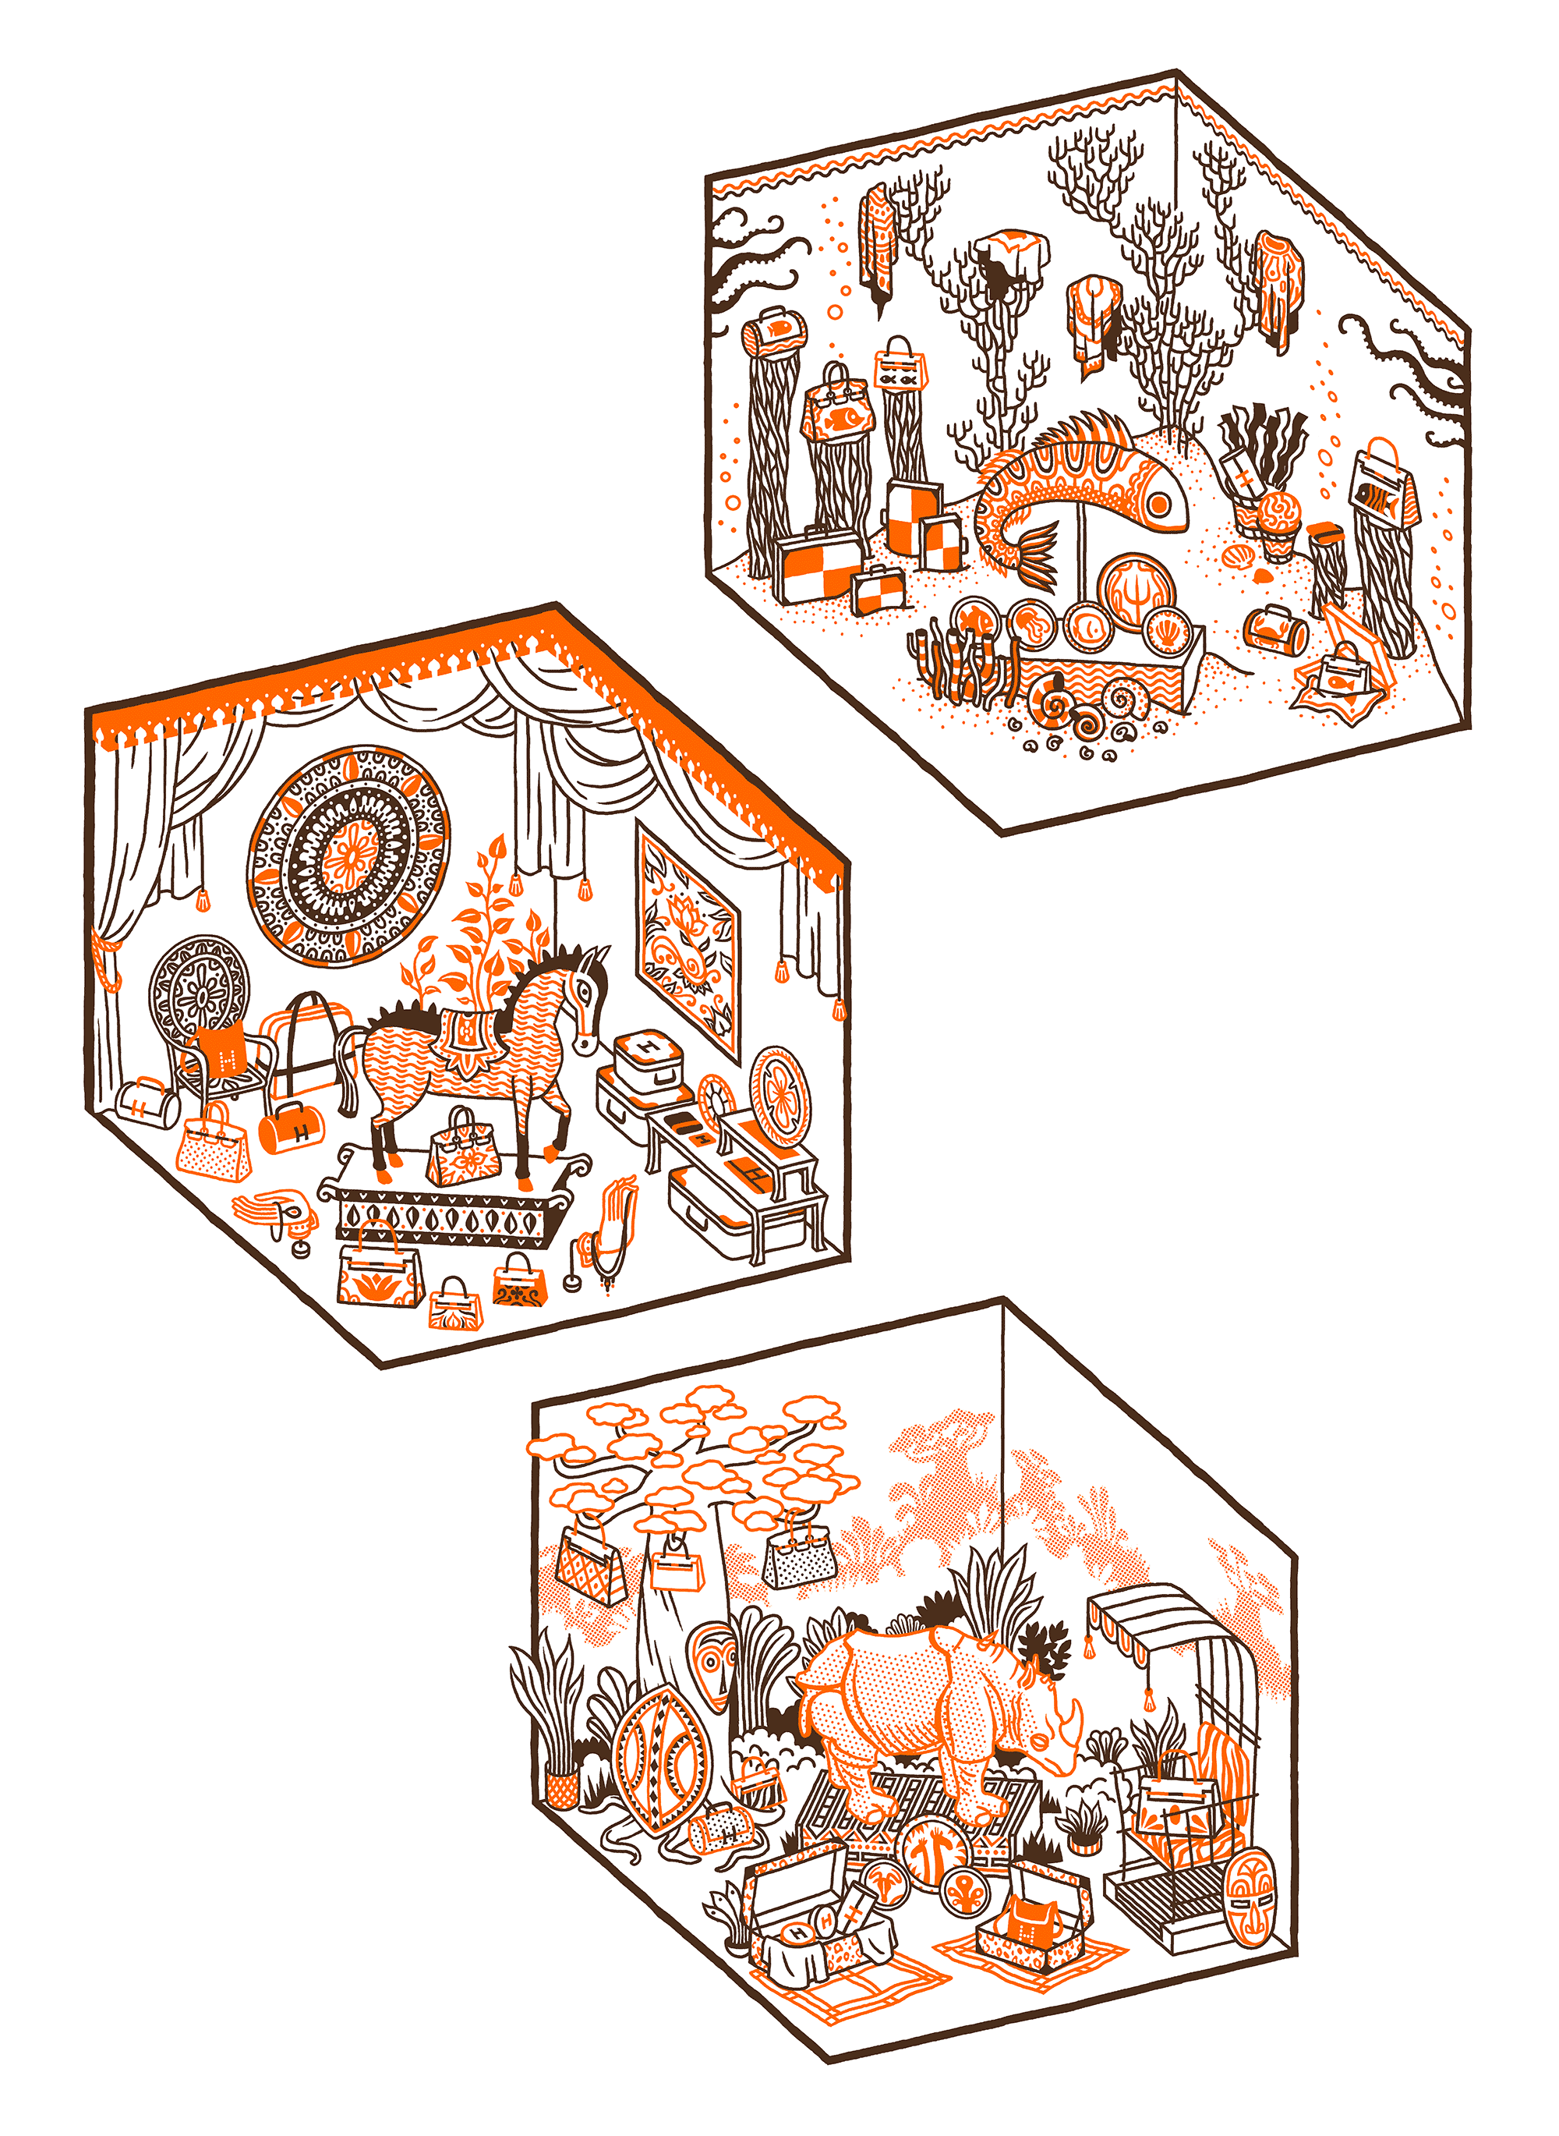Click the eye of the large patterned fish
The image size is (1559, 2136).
(x=1159, y=507)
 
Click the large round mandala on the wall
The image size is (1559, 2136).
(x=349, y=856)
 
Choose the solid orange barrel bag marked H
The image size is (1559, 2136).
(x=291, y=1128)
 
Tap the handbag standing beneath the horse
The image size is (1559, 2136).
(x=463, y=1152)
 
